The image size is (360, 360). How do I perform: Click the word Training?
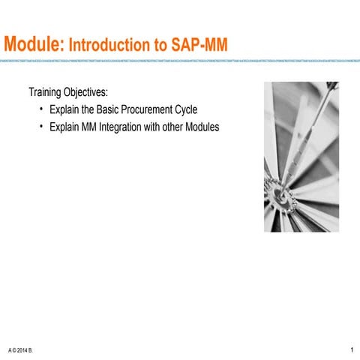(46, 94)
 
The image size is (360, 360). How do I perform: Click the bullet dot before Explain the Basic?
(40, 110)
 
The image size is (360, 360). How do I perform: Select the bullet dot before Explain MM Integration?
(40, 127)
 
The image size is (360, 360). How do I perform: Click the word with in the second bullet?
(154, 127)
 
